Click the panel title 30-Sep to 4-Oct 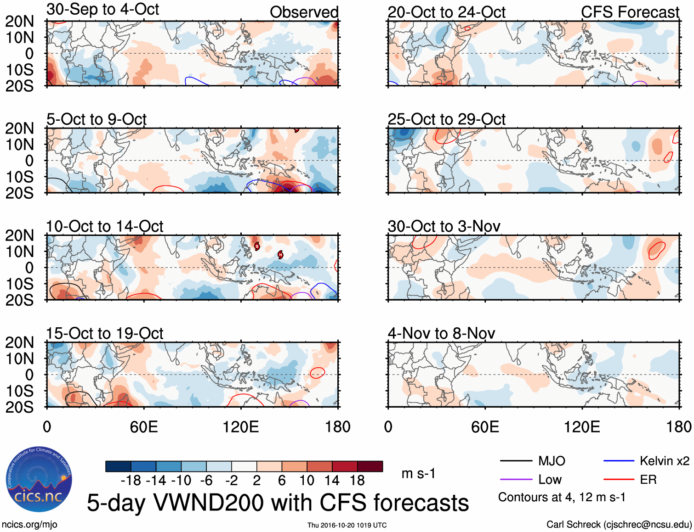point(102,9)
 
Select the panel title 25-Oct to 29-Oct point(446,119)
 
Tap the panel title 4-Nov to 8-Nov point(441,333)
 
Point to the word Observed point(304,12)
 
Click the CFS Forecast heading point(630,12)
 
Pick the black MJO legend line point(516,461)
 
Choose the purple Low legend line point(516,480)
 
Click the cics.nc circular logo point(39,480)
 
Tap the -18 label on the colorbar point(131,481)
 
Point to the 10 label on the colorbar point(307,481)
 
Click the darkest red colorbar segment point(370,466)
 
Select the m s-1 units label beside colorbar point(418,473)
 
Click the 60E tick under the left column point(144,427)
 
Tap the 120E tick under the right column point(582,427)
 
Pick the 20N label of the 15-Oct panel point(19,342)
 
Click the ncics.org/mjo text point(29,525)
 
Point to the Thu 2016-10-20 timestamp point(347,525)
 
